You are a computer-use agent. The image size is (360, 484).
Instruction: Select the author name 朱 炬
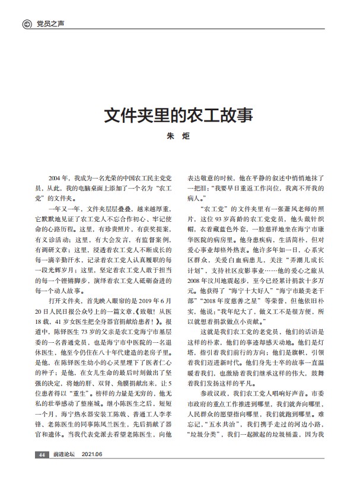pyautogui.click(x=179, y=136)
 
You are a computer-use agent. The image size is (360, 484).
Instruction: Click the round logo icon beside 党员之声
pyautogui.click(x=26, y=23)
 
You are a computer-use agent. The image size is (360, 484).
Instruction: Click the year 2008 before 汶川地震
pyautogui.click(x=197, y=277)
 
